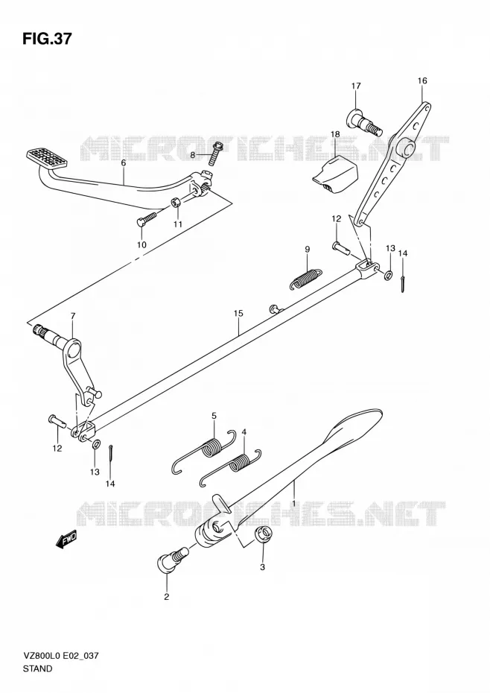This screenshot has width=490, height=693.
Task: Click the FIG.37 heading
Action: (x=46, y=39)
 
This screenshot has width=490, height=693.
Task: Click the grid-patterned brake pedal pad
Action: (x=47, y=157)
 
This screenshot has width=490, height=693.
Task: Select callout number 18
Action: (x=335, y=134)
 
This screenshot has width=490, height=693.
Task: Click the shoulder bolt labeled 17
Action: (x=363, y=121)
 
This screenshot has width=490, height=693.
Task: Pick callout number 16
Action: (x=422, y=80)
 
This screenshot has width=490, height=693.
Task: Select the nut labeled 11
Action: (x=176, y=203)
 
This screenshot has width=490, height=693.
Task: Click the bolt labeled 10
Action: (x=147, y=218)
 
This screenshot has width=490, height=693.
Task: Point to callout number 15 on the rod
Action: (x=238, y=314)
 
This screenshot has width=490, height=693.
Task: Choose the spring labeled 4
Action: (x=232, y=468)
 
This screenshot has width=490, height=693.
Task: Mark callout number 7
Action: (x=73, y=315)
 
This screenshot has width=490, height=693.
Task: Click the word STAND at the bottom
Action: (x=37, y=668)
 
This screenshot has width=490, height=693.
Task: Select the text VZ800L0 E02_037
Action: (x=60, y=656)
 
